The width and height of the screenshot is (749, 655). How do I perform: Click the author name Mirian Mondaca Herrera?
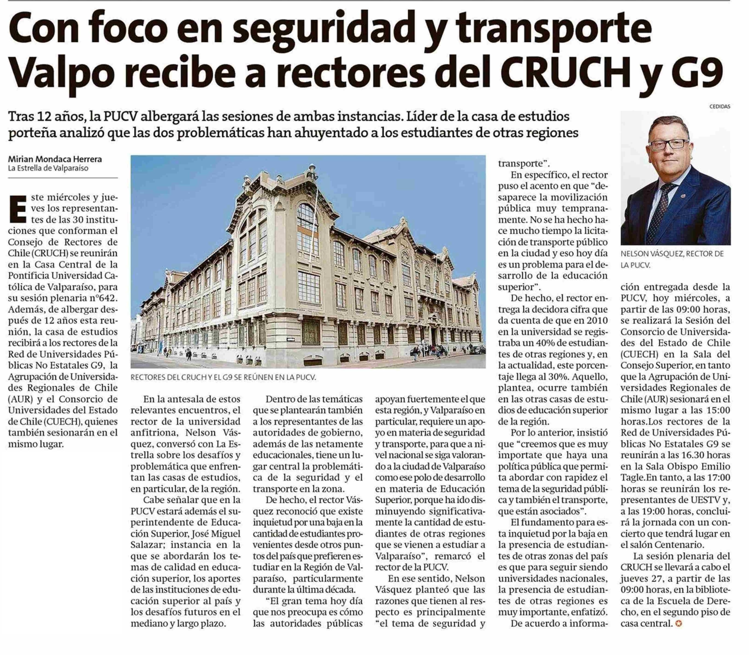point(55,159)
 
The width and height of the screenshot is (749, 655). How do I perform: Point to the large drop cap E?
point(18,209)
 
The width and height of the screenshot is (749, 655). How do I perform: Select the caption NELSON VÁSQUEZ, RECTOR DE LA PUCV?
point(672,259)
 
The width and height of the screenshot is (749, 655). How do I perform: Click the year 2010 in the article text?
point(596,321)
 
